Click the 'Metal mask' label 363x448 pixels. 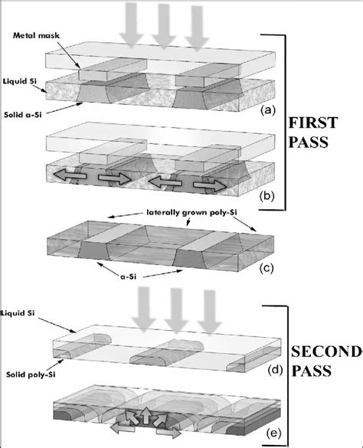coord(36,35)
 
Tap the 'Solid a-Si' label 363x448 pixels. coord(23,115)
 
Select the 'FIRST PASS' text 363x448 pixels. coord(312,132)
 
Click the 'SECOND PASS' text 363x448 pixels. coord(325,361)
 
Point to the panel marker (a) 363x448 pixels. coord(268,110)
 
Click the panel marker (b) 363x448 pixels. coord(267,196)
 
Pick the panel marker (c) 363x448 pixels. coord(266,269)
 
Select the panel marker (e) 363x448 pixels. coord(274,433)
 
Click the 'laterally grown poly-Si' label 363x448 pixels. coord(191,212)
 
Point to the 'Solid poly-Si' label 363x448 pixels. coord(31,374)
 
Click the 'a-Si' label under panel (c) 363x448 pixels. coord(127,276)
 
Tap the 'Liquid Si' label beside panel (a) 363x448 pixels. coord(20,81)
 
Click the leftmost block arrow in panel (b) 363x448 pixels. coord(69,175)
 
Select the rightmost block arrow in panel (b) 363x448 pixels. coord(211,186)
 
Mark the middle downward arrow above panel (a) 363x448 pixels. coord(163,26)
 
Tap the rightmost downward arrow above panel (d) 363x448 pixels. coord(210,312)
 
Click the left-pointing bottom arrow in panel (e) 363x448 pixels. coord(123,428)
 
